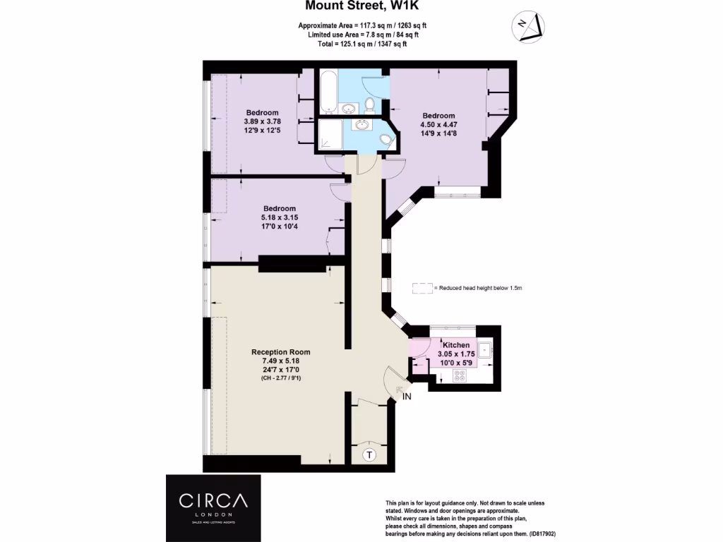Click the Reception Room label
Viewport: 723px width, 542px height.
click(280, 351)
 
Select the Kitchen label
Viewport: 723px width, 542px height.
click(456, 344)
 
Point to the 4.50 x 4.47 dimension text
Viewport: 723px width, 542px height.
click(438, 124)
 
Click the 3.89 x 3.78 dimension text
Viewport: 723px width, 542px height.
click(263, 121)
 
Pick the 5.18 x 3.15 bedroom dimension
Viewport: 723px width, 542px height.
click(280, 217)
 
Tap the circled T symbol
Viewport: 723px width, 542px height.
click(369, 455)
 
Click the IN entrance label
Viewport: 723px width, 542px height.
click(407, 397)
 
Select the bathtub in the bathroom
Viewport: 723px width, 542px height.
click(328, 91)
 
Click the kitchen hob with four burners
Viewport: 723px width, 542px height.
click(459, 375)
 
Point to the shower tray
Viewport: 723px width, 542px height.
click(330, 134)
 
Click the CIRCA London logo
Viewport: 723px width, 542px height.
click(213, 508)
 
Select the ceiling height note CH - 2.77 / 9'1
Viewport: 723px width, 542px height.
click(280, 378)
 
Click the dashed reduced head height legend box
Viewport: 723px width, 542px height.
click(422, 288)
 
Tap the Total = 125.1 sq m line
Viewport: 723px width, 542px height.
click(362, 44)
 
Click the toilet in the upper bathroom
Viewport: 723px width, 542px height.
click(369, 105)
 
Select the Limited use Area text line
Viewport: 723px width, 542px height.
click(364, 35)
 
